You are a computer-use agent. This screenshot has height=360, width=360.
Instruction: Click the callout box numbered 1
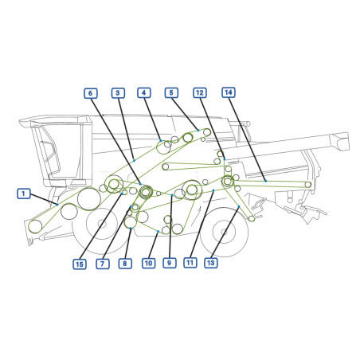click(x=24, y=194)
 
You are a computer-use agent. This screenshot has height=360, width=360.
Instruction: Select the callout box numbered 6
click(x=91, y=93)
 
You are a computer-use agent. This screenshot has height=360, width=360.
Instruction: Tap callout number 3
click(x=118, y=93)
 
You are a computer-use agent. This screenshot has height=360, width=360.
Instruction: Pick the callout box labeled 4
click(x=144, y=92)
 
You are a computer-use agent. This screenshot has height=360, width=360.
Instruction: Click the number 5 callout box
click(x=171, y=92)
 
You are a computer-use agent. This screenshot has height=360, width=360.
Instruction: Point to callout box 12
click(x=200, y=92)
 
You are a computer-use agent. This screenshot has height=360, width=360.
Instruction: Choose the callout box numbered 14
click(x=229, y=92)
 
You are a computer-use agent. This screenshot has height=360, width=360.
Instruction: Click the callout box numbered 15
click(x=80, y=264)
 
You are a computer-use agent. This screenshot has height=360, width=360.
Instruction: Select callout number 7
click(x=103, y=264)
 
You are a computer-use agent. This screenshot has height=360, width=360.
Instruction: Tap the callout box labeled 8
click(x=125, y=264)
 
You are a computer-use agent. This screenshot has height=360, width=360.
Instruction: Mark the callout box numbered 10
click(x=148, y=263)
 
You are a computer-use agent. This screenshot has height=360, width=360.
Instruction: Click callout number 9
click(x=170, y=263)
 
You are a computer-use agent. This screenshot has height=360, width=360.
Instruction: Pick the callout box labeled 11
click(x=190, y=263)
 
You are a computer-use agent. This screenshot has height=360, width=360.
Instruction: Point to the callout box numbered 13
click(x=210, y=263)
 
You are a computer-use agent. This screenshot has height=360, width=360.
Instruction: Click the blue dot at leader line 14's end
click(x=265, y=181)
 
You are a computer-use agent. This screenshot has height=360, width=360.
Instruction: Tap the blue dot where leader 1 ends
click(x=57, y=205)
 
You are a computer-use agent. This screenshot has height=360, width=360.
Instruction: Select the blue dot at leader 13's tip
click(x=239, y=206)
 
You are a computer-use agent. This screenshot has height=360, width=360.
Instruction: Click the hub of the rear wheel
click(x=224, y=232)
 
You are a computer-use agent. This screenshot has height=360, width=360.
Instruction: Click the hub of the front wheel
click(x=102, y=224)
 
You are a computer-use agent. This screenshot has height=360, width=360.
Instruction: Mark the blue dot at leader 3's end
click(x=134, y=160)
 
